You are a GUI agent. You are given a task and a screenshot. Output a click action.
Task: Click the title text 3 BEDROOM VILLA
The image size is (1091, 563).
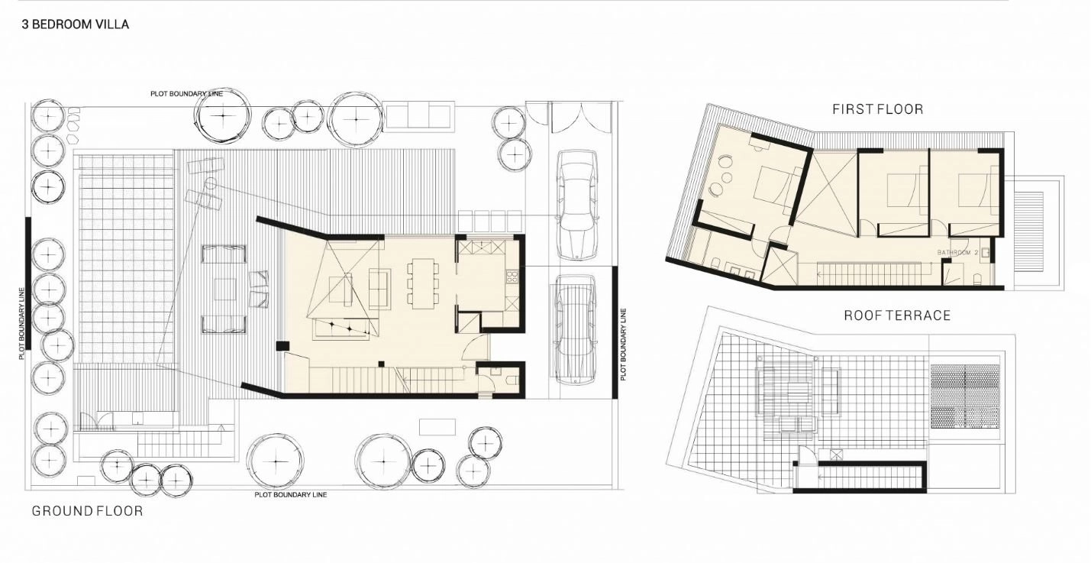click(75, 24)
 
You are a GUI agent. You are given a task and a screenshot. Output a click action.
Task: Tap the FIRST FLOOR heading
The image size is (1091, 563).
click(878, 109)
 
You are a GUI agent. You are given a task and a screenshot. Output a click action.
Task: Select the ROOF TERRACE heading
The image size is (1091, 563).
click(897, 315)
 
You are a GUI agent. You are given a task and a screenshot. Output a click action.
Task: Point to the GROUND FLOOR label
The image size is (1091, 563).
click(88, 511)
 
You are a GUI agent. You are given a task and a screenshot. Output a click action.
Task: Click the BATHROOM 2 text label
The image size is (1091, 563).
click(957, 253)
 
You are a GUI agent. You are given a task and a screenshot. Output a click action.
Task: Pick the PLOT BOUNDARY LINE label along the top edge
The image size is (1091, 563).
click(186, 94)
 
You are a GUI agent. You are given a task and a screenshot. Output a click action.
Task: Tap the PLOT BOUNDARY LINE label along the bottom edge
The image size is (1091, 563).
click(291, 494)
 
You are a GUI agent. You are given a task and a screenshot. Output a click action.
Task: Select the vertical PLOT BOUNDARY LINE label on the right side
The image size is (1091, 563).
click(623, 345)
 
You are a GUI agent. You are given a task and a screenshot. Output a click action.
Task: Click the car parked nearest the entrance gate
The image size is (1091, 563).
click(576, 205)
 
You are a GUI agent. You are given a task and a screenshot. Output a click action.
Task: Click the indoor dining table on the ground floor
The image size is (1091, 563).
click(423, 283)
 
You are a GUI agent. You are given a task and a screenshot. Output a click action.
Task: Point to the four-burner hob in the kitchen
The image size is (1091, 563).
click(512, 277)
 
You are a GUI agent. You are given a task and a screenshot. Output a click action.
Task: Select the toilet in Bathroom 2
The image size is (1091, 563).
click(977, 280)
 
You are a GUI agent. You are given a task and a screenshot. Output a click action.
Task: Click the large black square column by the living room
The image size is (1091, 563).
click(282, 346)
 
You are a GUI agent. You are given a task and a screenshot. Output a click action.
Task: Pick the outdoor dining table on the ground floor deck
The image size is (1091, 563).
click(224, 289)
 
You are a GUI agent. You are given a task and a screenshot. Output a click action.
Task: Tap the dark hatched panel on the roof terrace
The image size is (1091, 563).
click(965, 396)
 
